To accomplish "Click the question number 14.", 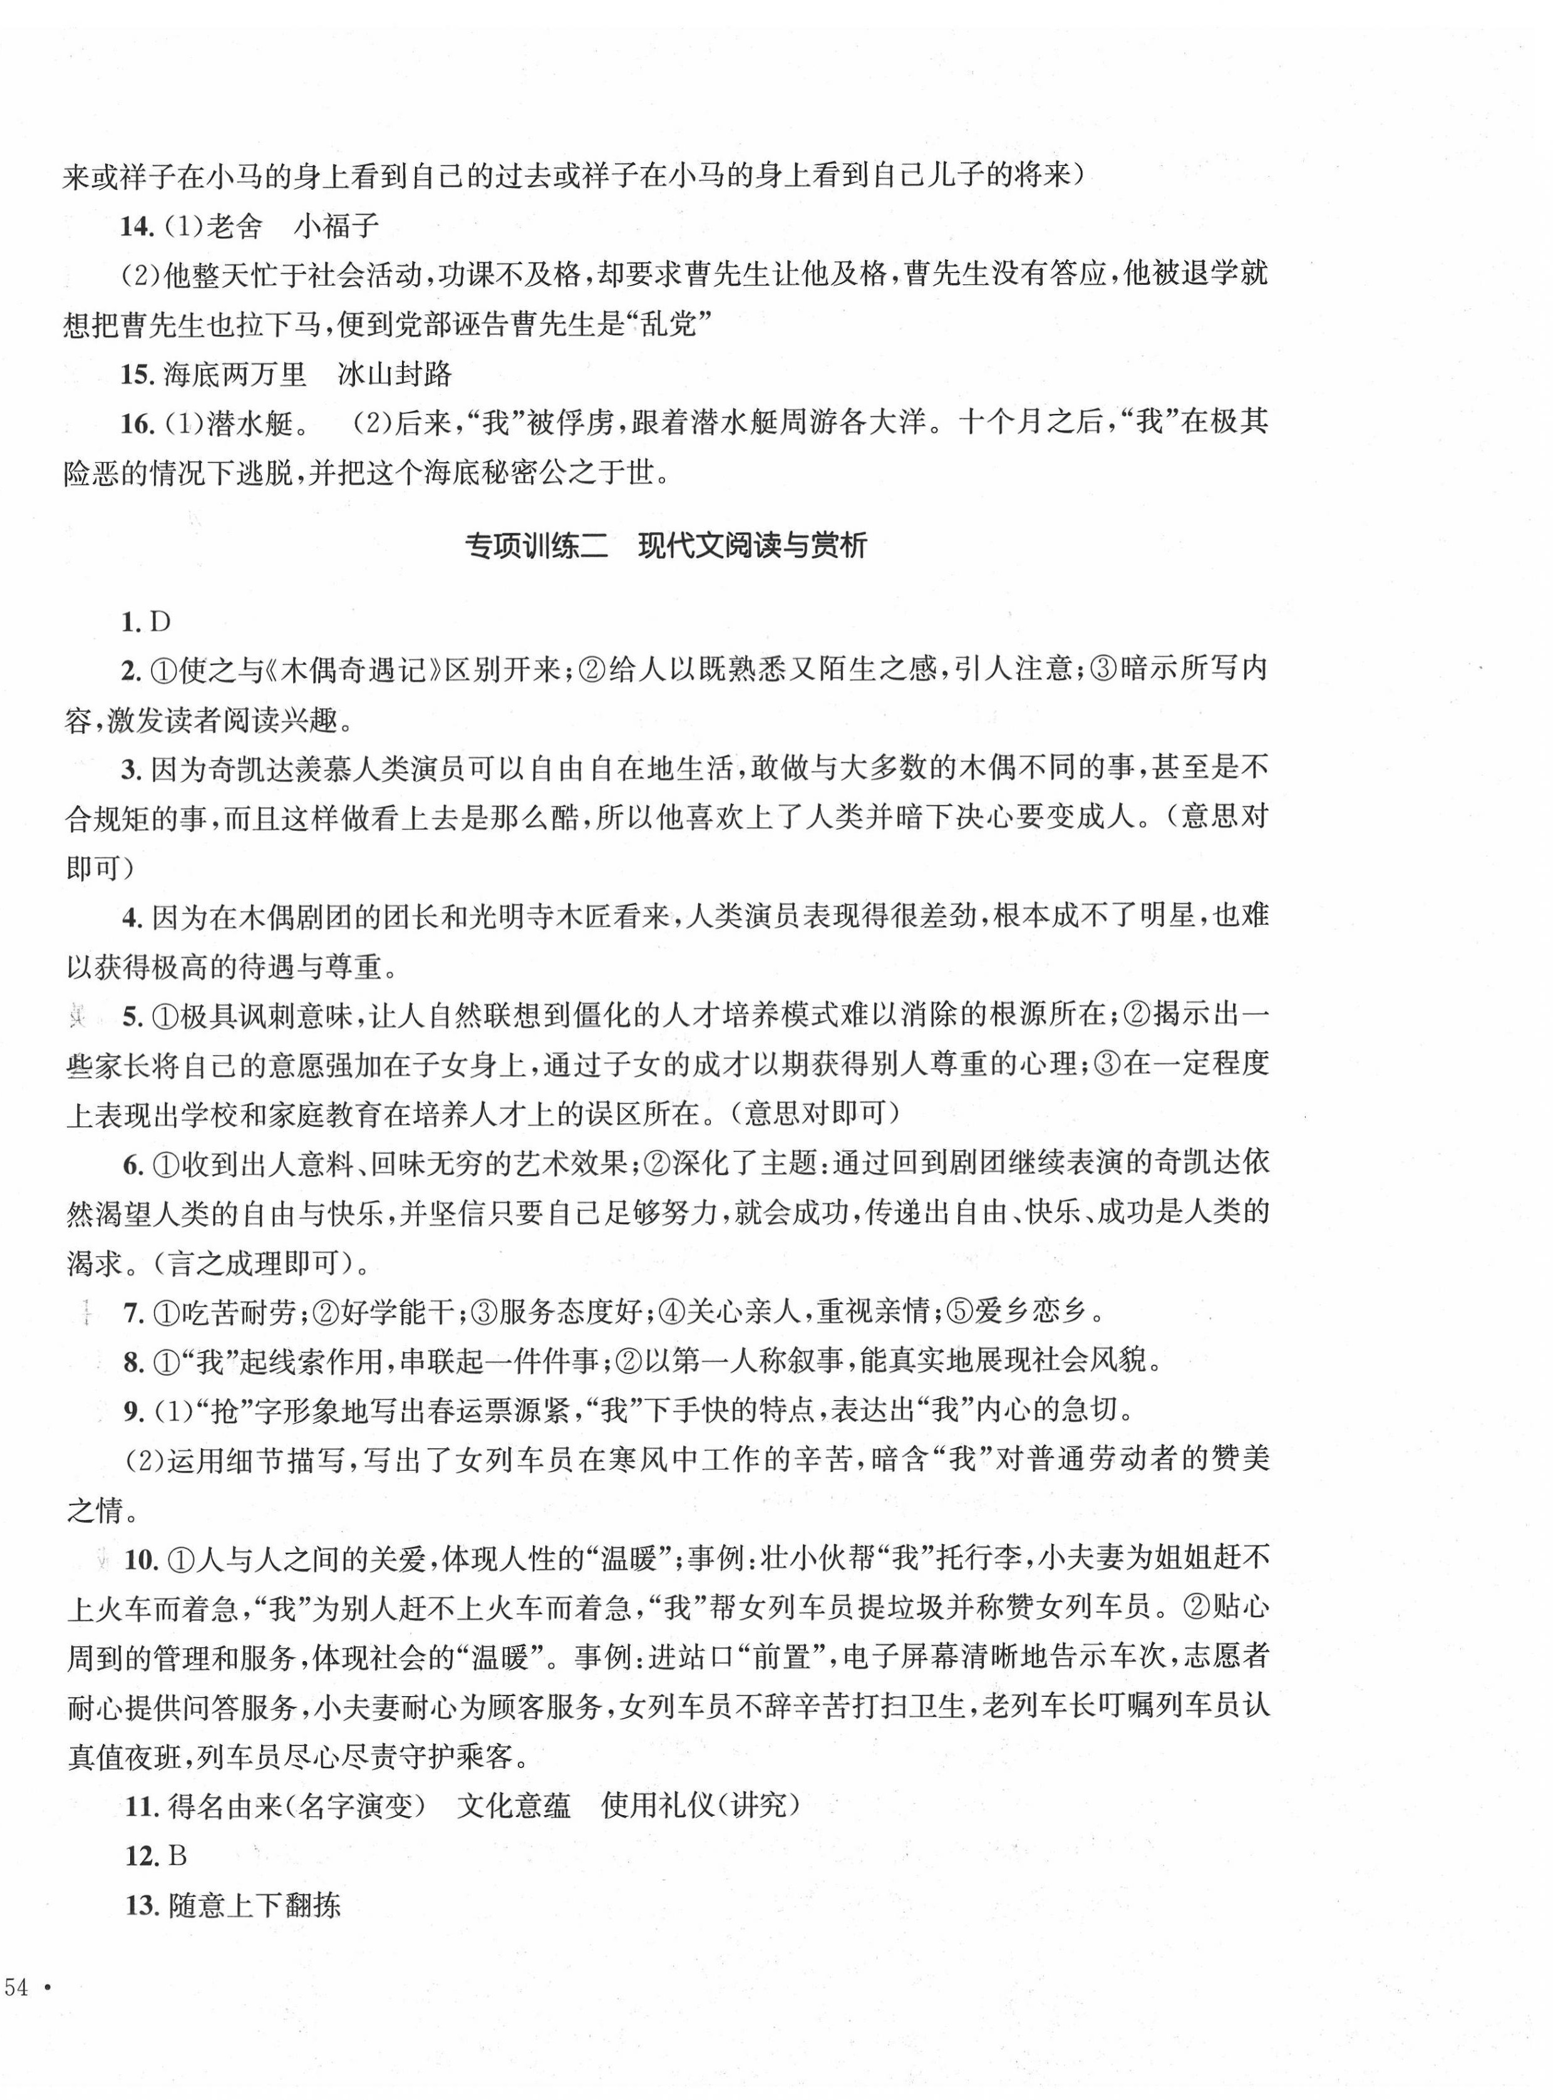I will click(137, 227).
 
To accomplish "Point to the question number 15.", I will click(137, 374).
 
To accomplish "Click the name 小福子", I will click(336, 227).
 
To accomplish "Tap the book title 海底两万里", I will click(235, 374).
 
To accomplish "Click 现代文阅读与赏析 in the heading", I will click(752, 546).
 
